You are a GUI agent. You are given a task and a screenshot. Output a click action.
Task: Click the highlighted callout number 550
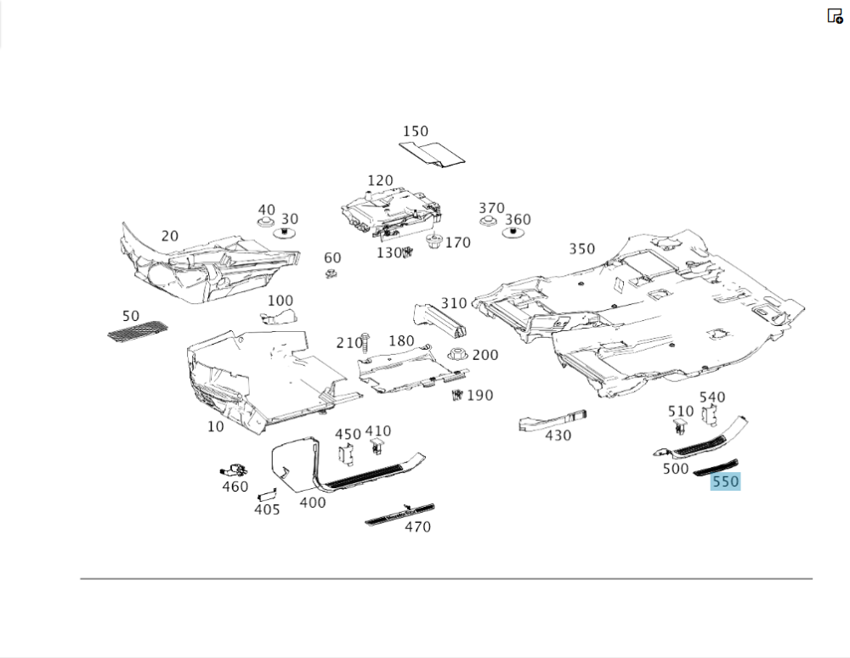pos(725,482)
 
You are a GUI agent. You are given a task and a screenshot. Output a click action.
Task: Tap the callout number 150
pos(416,132)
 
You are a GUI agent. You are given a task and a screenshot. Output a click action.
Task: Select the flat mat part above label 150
pos(433,152)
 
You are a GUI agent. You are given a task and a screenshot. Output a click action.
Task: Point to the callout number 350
pos(582,249)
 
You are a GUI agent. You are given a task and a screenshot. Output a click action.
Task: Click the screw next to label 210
pos(365,341)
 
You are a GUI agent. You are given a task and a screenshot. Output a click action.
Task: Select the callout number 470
pos(417,527)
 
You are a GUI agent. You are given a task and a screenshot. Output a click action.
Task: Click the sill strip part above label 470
pos(399,514)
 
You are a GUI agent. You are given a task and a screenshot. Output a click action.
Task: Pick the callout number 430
pos(558,436)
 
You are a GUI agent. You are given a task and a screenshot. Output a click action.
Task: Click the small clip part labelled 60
pos(331,273)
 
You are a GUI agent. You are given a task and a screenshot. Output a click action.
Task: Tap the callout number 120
pos(380,181)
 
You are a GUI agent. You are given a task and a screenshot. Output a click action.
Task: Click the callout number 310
pos(454,303)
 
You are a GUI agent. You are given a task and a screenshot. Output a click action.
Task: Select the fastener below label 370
pos(487,222)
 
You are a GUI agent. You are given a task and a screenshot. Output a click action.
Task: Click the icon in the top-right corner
pos(835,16)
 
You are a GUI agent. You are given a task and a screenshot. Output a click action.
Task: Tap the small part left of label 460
pos(232,470)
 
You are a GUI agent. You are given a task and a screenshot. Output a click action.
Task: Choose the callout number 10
pos(216,426)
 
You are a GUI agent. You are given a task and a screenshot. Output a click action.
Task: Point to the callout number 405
pos(267,509)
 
